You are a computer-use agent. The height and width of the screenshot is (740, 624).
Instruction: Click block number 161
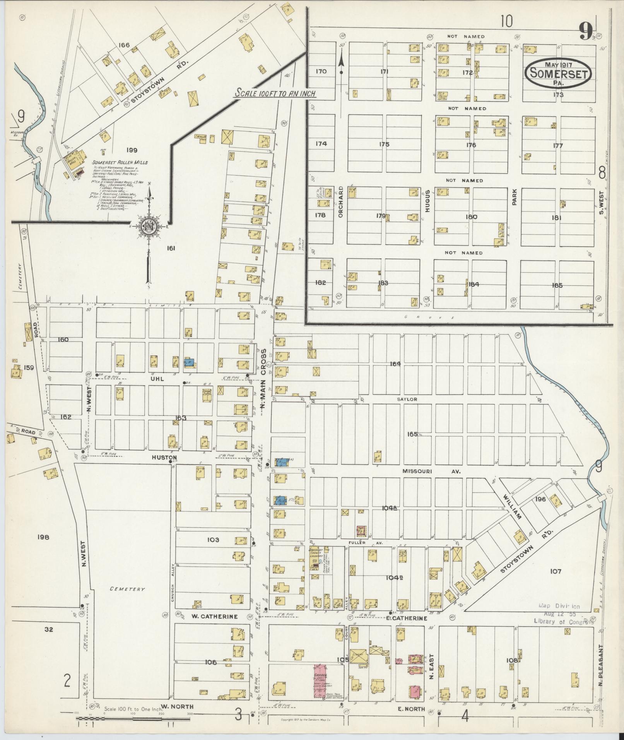click(x=171, y=248)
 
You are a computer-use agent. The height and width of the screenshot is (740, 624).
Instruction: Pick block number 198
click(x=43, y=537)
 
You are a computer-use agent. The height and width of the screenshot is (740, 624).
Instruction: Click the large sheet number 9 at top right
click(x=586, y=31)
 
